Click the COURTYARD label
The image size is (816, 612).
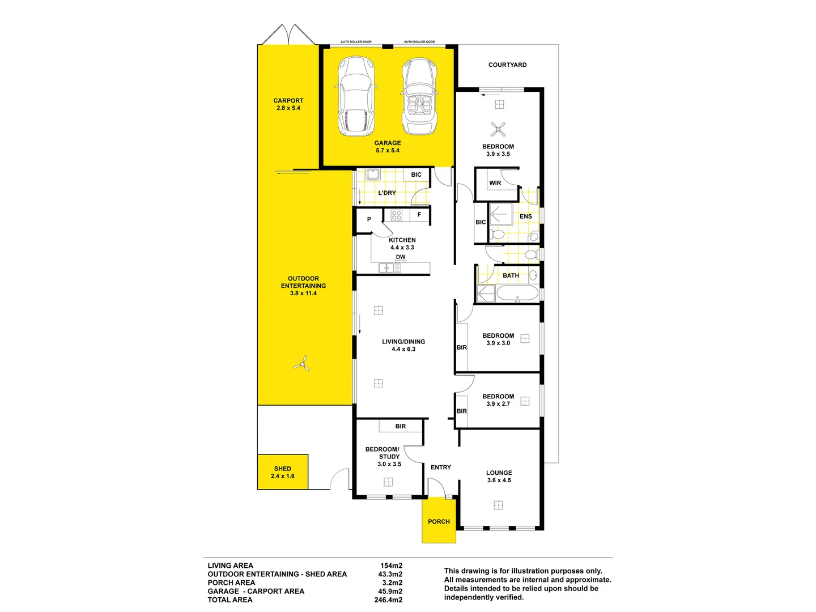coord(507,65)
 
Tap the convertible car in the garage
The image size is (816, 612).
coord(420,97)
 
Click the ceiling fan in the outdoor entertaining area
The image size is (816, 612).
coord(302,364)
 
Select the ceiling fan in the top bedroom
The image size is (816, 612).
coord(498,129)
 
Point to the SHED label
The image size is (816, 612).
coord(283,469)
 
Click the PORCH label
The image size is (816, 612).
coord(439,521)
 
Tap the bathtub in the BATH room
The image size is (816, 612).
coord(517,294)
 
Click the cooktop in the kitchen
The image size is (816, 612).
coord(397,215)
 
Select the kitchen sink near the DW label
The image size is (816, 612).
coord(389,268)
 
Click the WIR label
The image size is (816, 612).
coord(495,183)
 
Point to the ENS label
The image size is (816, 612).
coord(526,216)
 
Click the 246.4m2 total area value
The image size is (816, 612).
coord(388,600)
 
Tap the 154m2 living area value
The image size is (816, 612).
coord(391,566)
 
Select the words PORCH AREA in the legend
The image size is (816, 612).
coord(231,583)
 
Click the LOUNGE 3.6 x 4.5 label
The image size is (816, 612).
coord(499,476)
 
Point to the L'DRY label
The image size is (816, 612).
coord(387,193)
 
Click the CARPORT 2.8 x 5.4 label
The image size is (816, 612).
coord(288,104)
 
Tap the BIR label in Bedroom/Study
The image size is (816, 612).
coord(401,426)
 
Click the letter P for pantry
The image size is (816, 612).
coord(369,219)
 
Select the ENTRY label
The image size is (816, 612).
coord(440,467)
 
